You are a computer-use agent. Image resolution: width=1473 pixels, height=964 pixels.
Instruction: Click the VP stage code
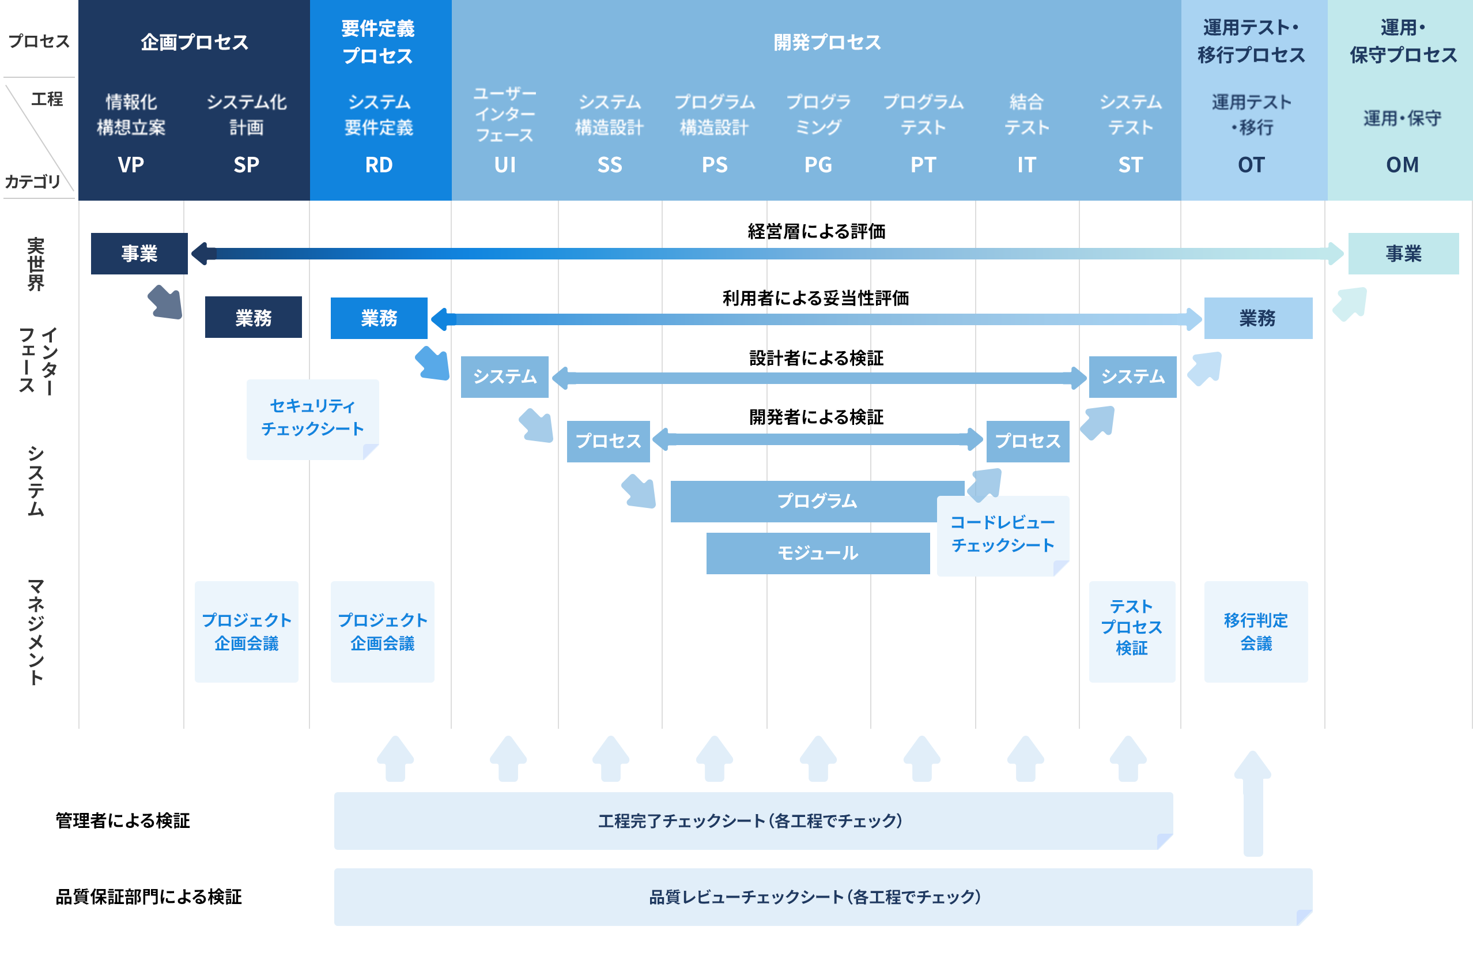131,165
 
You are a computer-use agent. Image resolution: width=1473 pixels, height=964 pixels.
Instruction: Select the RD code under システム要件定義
379,165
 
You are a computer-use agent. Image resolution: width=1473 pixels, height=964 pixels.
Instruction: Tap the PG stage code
818,165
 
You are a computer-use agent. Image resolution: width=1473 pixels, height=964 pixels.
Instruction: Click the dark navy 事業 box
139,253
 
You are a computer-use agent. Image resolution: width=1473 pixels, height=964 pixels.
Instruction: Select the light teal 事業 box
1403,253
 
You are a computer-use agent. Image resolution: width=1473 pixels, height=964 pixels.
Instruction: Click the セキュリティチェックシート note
312,418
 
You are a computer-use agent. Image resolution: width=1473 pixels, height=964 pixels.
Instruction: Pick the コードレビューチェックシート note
1003,534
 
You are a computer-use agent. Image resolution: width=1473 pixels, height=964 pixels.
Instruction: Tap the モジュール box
818,553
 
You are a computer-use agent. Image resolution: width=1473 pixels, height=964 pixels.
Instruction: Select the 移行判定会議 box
1256,631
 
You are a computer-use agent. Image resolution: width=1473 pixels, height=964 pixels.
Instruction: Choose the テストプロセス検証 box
1131,628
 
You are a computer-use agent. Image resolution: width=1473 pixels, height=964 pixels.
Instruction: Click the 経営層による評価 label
817,232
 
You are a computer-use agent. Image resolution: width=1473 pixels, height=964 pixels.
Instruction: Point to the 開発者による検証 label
817,417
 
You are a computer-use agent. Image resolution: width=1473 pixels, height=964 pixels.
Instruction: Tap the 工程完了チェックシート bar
750,821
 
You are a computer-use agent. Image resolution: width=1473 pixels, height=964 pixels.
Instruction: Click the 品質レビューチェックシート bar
815,897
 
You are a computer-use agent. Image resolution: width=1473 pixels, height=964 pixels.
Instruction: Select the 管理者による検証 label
123,821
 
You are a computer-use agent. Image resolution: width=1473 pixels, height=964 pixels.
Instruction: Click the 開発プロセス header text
827,42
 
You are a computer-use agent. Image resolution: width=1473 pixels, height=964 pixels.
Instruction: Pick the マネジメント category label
36,631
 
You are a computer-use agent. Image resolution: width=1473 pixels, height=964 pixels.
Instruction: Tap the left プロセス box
608,441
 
